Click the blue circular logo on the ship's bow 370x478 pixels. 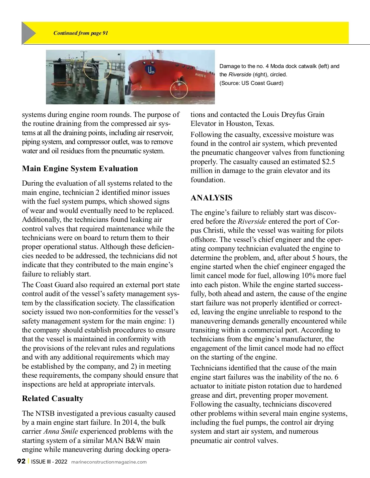point(151,70)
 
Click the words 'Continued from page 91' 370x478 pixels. point(81,33)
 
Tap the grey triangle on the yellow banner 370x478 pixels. point(28,33)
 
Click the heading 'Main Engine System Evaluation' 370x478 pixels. point(80,168)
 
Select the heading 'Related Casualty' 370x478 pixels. point(53,399)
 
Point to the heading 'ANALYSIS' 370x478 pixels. point(212,198)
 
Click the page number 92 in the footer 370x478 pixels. point(21,461)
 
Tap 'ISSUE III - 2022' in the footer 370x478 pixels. point(49,461)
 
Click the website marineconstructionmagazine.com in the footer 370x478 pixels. point(109,462)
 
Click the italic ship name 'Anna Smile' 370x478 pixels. point(61,431)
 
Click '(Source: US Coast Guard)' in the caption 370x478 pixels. point(251,83)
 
